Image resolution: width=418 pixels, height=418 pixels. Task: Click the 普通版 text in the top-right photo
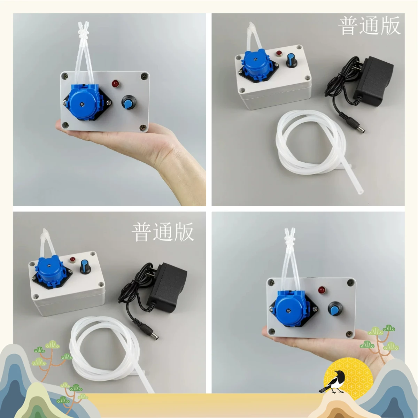[369, 26]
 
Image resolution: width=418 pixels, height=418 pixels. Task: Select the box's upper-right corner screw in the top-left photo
[144, 76]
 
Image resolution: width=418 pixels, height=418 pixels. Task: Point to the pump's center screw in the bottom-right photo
[289, 311]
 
